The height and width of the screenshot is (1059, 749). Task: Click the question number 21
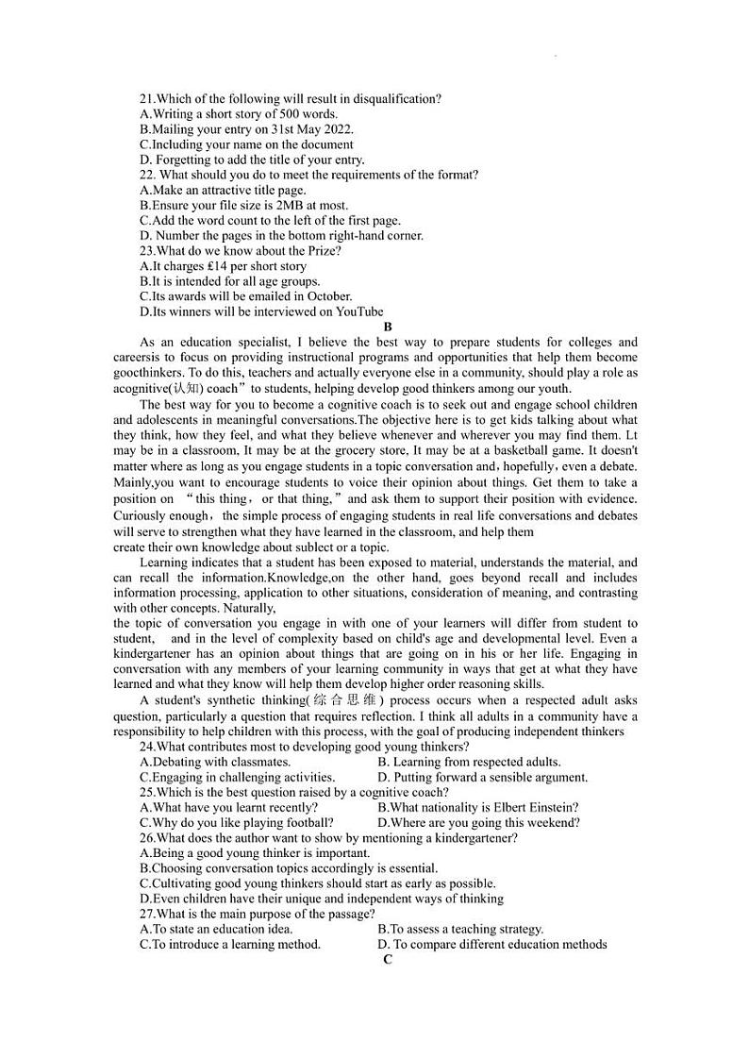pos(146,99)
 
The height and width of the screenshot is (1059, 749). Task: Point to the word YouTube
pos(360,311)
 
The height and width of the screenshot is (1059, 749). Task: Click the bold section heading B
pos(387,327)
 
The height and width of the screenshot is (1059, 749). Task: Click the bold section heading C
pos(387,960)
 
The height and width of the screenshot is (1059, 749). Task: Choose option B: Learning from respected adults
pos(469,762)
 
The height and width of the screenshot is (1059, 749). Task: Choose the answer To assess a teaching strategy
pos(460,929)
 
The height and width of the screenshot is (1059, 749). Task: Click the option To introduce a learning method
pos(230,944)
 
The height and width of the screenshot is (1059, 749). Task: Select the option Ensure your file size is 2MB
pos(243,205)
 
